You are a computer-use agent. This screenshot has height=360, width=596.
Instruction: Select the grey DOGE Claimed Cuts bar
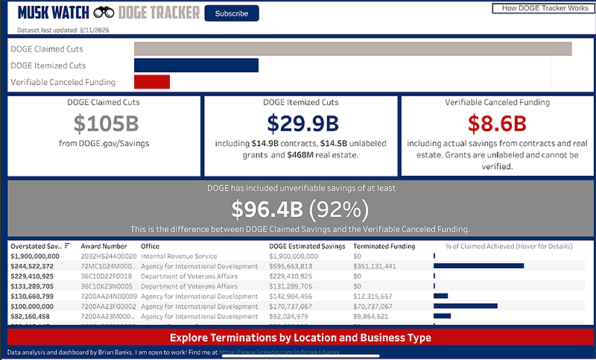pyautogui.click(x=352, y=48)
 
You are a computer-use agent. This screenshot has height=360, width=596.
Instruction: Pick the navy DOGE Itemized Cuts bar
pyautogui.click(x=196, y=65)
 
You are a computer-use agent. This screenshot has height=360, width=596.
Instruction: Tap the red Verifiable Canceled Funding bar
pyautogui.click(x=152, y=81)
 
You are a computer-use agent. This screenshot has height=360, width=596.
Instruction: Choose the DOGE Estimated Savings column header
pyautogui.click(x=306, y=246)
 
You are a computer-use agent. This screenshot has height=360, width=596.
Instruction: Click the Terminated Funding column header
pyautogui.click(x=384, y=246)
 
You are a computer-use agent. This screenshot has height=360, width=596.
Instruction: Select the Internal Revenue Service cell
pyautogui.click(x=180, y=256)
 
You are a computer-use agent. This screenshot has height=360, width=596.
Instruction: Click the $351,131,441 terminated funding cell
pyautogui.click(x=379, y=265)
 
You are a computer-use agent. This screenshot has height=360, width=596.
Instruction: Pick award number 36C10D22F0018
pyautogui.click(x=104, y=276)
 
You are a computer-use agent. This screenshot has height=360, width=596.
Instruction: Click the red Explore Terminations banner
pyautogui.click(x=301, y=338)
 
